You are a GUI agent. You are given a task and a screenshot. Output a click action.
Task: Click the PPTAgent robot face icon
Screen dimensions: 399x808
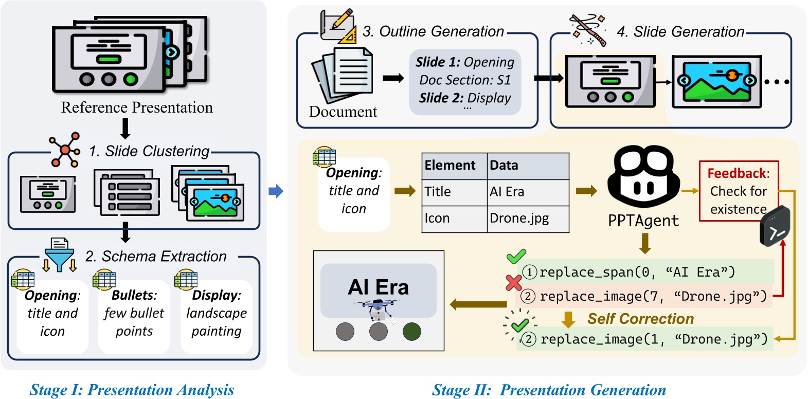[643, 177]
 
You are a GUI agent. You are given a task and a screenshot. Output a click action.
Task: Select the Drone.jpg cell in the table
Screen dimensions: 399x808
[527, 219]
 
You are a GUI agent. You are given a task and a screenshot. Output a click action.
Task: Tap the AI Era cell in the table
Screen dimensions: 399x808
[527, 192]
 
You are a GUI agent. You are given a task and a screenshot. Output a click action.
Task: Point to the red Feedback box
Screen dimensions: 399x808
[738, 191]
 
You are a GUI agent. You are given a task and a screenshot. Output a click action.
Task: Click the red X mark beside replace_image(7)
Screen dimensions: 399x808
[513, 282]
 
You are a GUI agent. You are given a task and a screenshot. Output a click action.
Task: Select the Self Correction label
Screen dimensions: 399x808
[640, 319]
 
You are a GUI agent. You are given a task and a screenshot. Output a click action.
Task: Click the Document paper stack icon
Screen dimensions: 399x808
[342, 76]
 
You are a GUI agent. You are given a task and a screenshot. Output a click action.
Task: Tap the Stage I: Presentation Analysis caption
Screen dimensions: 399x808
[132, 390]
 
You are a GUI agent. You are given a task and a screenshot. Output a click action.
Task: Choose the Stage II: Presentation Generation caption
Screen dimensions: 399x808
[549, 390]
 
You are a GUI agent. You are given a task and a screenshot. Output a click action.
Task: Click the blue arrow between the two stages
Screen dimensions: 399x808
[276, 191]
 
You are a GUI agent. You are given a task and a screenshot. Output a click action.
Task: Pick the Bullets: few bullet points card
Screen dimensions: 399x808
[134, 314]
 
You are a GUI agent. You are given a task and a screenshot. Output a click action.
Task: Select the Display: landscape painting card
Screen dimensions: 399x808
[216, 314]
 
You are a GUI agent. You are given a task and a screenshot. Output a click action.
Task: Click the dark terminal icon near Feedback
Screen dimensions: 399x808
[775, 227]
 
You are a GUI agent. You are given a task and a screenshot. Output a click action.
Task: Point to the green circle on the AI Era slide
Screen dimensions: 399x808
[411, 332]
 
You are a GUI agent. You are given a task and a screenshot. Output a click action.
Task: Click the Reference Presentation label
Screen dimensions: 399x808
[137, 107]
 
